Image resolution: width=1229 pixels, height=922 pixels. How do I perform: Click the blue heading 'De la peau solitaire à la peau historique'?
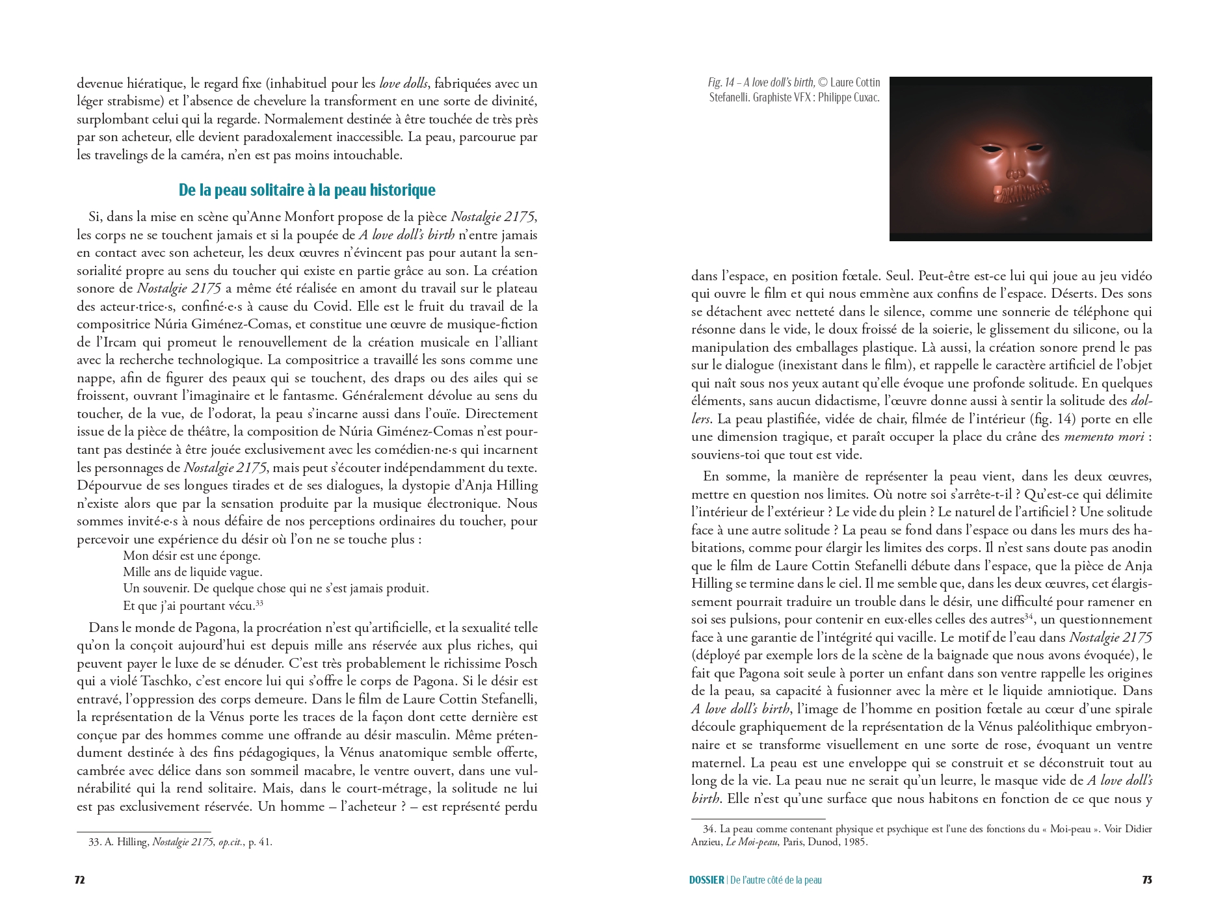pyautogui.click(x=307, y=190)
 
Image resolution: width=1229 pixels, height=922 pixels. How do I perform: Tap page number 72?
pyautogui.click(x=79, y=880)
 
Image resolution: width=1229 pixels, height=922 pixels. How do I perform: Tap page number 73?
pyautogui.click(x=1147, y=880)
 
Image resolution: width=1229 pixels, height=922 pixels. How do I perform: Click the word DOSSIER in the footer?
pyautogui.click(x=706, y=880)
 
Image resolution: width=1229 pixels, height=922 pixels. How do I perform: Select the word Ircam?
pyautogui.click(x=120, y=342)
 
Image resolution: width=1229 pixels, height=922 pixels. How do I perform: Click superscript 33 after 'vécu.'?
pyautogui.click(x=259, y=603)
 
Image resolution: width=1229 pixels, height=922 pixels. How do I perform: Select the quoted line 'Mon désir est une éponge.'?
pyautogui.click(x=191, y=556)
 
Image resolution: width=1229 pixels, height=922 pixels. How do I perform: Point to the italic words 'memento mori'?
pyautogui.click(x=1103, y=437)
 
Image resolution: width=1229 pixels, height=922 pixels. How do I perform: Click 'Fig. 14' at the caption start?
pyautogui.click(x=720, y=83)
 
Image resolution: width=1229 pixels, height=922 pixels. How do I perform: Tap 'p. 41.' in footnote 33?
pyautogui.click(x=260, y=842)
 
